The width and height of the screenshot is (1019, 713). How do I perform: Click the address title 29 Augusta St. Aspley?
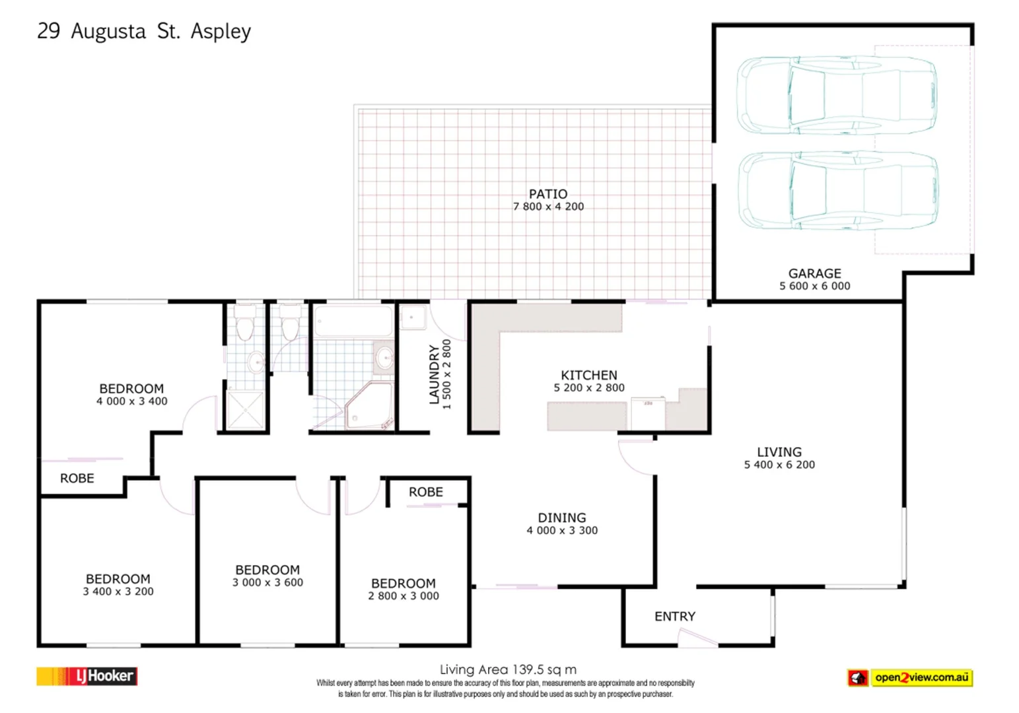144,31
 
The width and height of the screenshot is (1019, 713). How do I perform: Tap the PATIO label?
547,194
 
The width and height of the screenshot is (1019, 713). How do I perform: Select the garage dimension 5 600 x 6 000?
814,286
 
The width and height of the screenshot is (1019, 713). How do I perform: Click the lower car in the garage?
838,191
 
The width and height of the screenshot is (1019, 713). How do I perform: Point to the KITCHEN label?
588,375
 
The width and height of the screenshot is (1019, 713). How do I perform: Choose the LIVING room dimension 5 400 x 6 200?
779,465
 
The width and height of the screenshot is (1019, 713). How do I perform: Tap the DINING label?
561,518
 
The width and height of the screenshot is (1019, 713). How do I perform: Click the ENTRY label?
674,616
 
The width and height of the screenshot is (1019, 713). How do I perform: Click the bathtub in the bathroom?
353,321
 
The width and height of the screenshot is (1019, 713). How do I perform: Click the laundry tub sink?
413,318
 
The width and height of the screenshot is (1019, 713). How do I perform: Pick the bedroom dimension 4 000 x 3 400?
131,401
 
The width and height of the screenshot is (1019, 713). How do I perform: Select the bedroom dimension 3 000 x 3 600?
267,582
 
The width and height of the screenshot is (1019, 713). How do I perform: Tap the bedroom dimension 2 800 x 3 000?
403,596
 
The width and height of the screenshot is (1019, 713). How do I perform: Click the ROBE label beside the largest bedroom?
77,479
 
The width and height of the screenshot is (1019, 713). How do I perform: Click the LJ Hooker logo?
87,676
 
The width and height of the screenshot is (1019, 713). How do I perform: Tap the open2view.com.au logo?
910,677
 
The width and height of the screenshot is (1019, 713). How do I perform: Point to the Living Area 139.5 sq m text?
508,669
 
